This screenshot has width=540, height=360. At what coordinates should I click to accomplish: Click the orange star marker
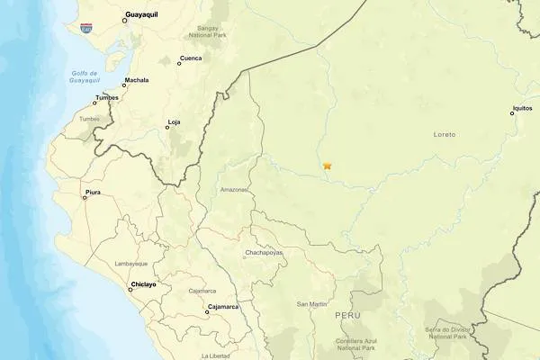pos(328,166)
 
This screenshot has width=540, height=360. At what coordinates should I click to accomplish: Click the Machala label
pos(137,80)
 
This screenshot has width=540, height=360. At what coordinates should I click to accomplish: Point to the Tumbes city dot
pos(94,103)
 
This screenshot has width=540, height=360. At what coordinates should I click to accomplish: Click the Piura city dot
pos(85,197)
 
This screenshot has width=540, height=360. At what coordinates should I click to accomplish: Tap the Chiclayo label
pos(143,284)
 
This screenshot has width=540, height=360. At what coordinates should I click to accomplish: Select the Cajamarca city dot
pos(207,313)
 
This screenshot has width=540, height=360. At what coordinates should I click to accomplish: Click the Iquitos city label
pos(523,108)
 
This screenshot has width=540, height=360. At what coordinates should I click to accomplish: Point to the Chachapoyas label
pos(264,253)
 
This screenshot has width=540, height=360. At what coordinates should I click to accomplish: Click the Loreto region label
pos(445,134)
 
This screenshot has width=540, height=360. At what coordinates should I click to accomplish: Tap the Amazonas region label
pos(234,190)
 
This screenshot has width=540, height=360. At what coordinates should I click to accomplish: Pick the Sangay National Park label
pos(202,33)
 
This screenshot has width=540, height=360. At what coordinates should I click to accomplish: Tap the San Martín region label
pos(312,304)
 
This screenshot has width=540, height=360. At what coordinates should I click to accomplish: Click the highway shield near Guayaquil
pos(85,28)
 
